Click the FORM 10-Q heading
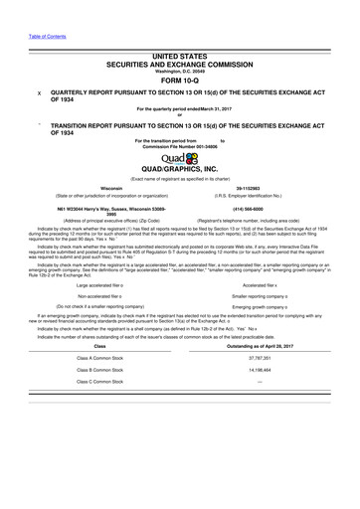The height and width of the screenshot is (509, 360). pos(179,81)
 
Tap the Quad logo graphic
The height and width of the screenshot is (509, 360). pos(181,157)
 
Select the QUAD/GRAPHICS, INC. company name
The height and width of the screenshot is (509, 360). pos(180,169)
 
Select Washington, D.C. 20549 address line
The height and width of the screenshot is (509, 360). pos(179,71)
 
